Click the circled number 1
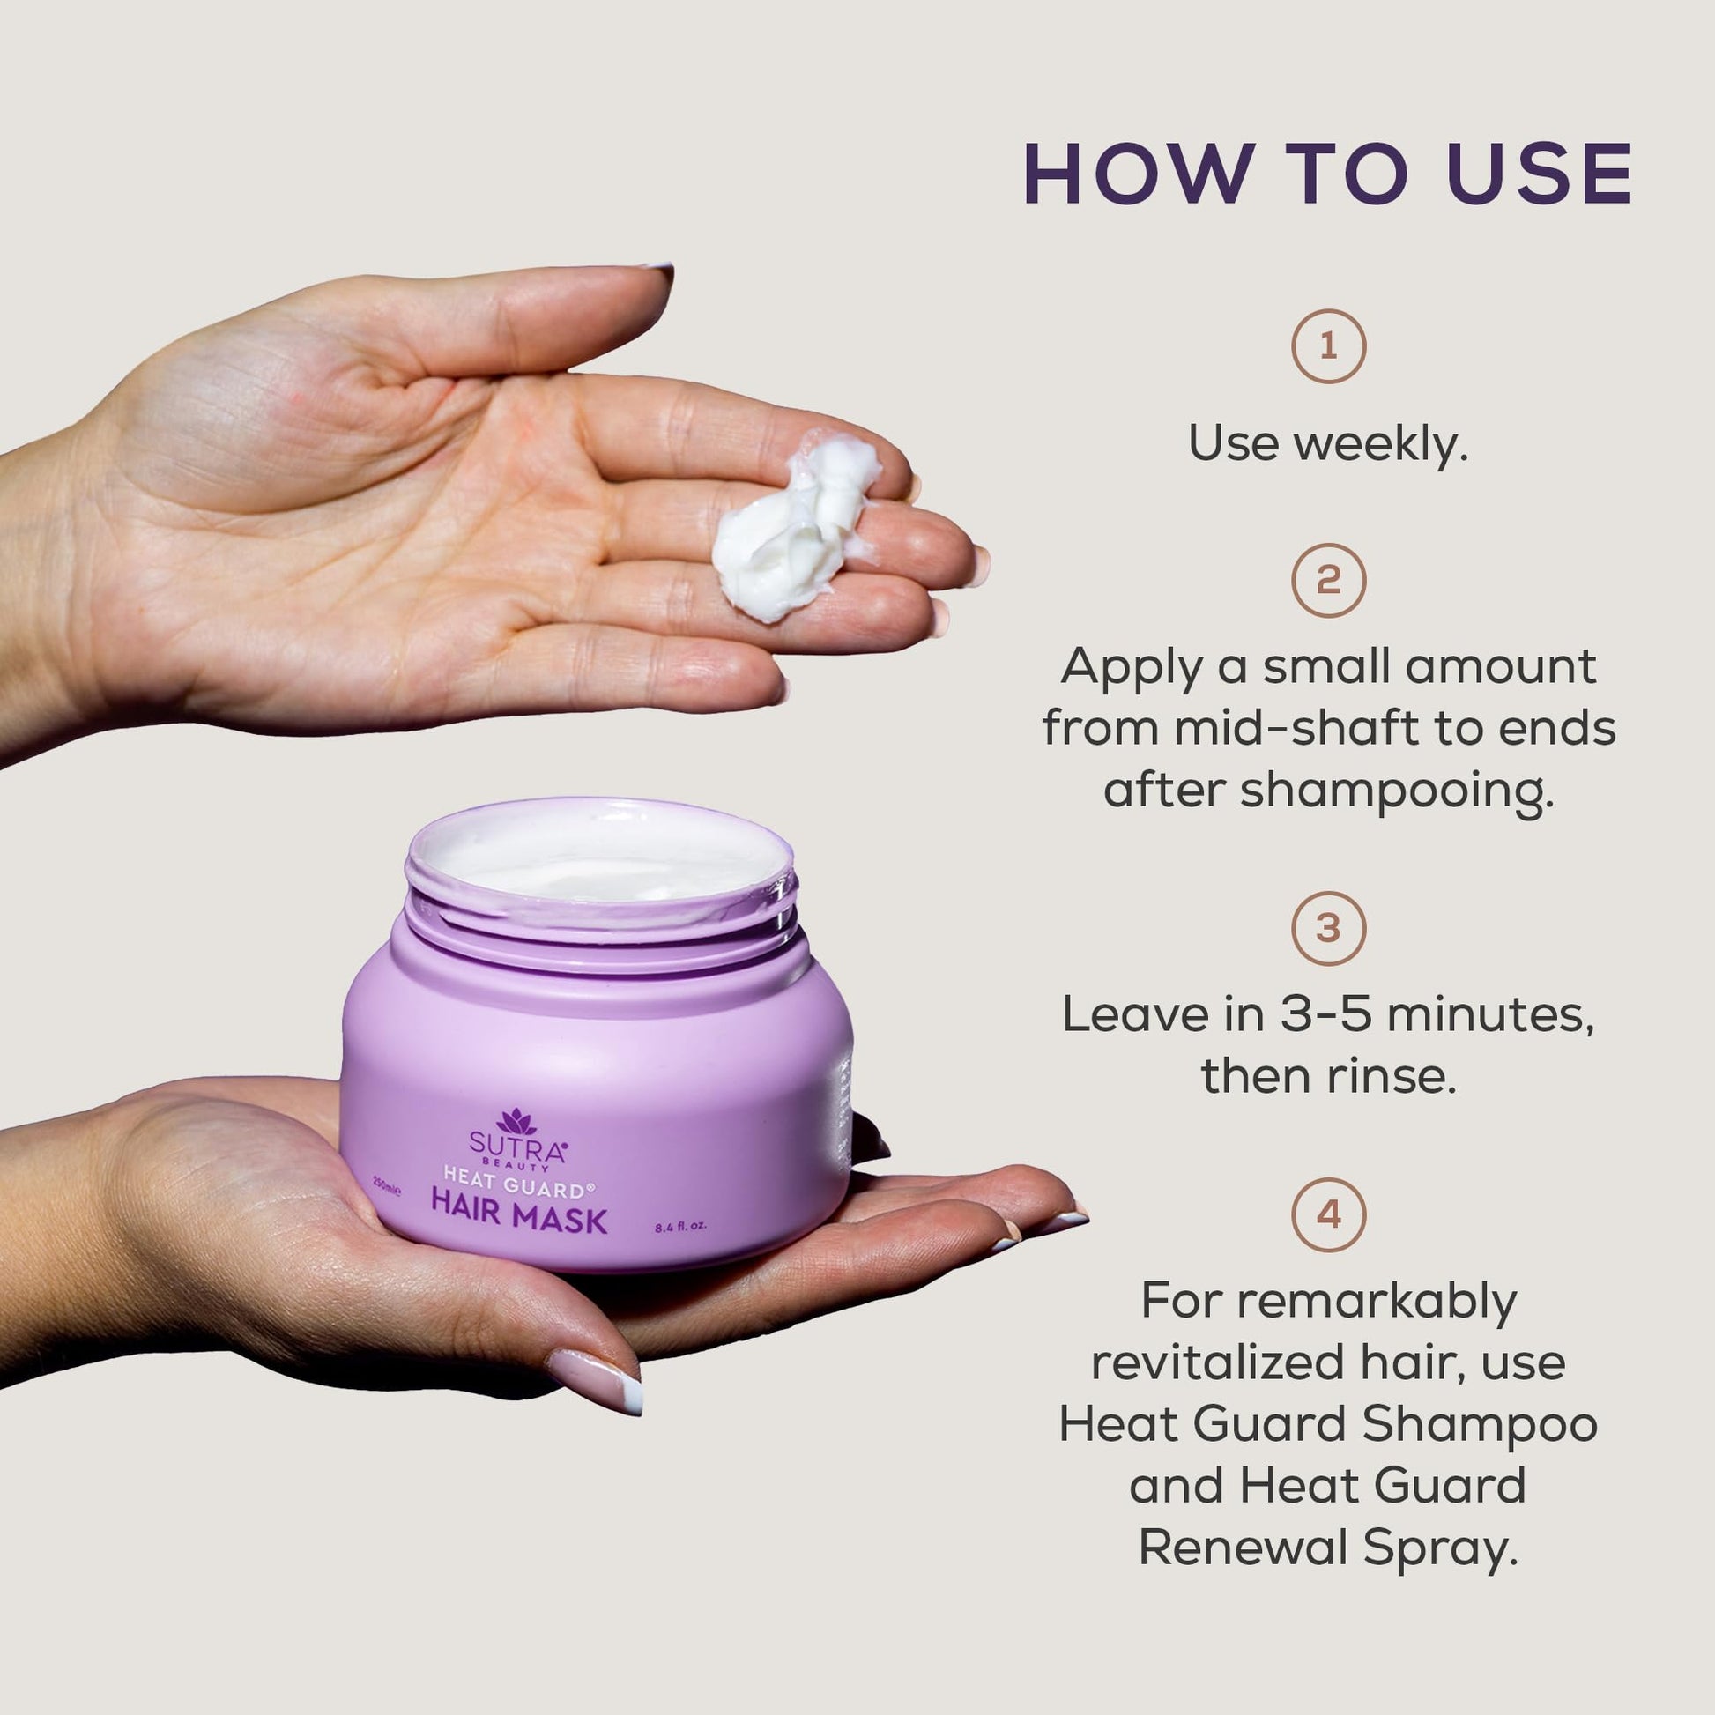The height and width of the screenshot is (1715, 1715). pos(1328,346)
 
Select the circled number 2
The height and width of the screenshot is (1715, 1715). pos(1328,581)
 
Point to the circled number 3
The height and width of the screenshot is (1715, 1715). pos(1328,929)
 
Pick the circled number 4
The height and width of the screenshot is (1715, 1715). pos(1328,1214)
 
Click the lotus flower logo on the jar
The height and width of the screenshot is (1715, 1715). pos(516,1122)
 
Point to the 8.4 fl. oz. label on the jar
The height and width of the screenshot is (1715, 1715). pos(680,1229)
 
